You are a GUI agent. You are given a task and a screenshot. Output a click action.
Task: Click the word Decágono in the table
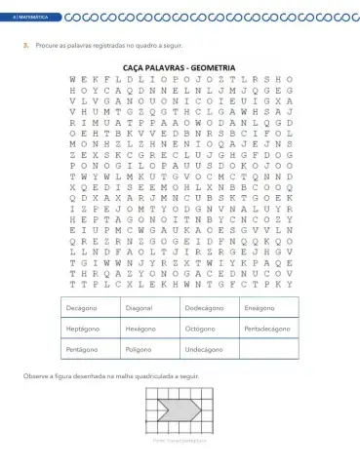80,308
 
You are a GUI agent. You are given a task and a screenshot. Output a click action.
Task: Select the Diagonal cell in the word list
139,308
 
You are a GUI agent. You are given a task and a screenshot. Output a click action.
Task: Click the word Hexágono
140,328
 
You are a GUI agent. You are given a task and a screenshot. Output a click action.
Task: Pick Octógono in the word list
200,328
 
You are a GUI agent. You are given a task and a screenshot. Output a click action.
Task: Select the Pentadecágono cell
266,328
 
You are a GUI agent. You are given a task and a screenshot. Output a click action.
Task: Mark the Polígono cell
139,347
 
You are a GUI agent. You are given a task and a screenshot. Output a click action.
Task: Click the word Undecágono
204,347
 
